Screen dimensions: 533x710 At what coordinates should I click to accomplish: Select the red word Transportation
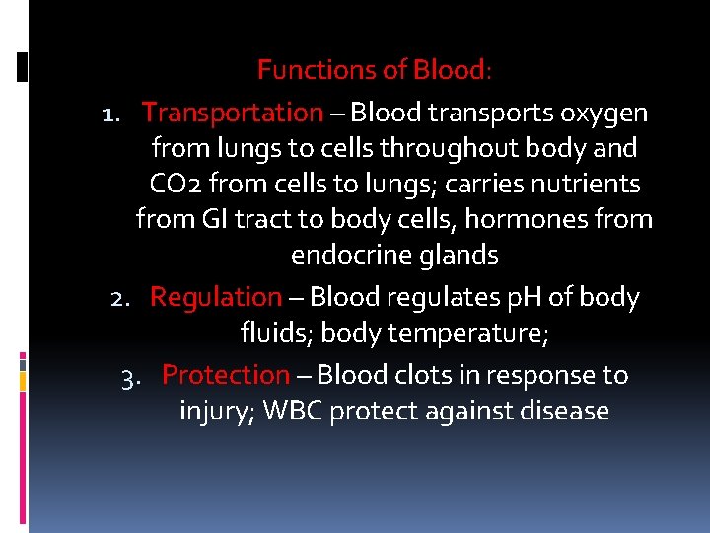[232, 114]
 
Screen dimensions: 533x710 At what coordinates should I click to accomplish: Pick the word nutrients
[586, 185]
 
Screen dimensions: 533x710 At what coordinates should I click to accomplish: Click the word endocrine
[341, 255]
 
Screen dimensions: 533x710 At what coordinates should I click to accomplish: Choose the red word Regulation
[216, 297]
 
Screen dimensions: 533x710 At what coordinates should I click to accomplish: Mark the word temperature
[468, 333]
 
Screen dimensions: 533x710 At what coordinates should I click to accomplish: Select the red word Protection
[226, 375]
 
